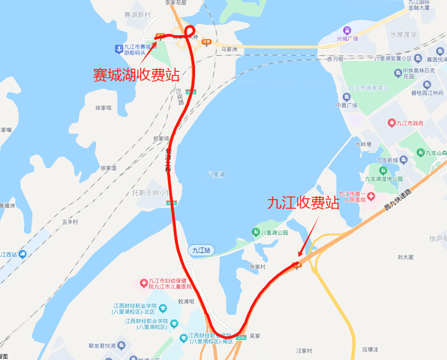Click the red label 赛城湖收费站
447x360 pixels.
(136, 75)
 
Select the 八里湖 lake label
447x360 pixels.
(215, 175)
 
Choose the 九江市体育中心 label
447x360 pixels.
(368, 88)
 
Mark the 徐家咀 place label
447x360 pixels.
(103, 108)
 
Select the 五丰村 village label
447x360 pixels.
(70, 222)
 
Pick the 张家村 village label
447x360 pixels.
(257, 267)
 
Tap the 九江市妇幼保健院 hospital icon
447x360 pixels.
(143, 283)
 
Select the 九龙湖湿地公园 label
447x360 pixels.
(384, 179)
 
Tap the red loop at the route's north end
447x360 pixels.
(190, 31)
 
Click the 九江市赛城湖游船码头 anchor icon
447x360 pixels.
(118, 49)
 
